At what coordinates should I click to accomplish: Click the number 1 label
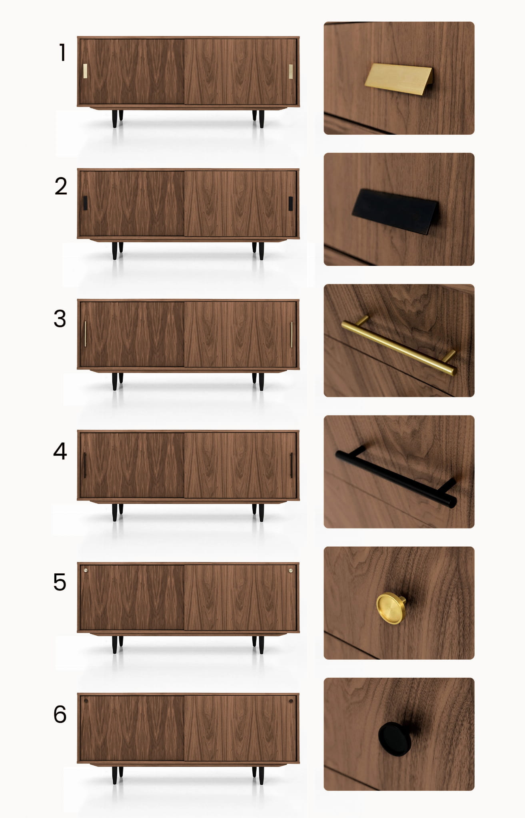[x=62, y=52]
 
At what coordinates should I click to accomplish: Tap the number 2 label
[x=61, y=186]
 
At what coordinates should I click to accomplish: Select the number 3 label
[x=60, y=319]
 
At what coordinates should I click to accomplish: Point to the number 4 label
[x=60, y=451]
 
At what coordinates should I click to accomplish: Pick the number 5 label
[x=60, y=582]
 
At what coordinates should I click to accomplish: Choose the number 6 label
[x=60, y=714]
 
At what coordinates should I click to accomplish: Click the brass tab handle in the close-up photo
[x=398, y=79]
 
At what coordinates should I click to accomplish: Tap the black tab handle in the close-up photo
[x=395, y=211]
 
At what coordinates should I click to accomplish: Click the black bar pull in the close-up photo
[x=396, y=477]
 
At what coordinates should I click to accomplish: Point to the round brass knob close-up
[x=391, y=608]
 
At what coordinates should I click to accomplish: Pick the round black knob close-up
[x=395, y=739]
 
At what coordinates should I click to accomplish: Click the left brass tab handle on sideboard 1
[x=85, y=71]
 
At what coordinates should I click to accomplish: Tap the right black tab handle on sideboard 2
[x=291, y=204]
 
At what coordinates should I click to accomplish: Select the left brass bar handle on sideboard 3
[x=85, y=334]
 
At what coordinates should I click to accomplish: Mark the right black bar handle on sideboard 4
[x=291, y=465]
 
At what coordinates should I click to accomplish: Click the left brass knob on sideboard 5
[x=86, y=570]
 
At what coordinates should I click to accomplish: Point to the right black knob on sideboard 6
[x=291, y=701]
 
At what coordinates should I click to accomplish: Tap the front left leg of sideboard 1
[x=115, y=119]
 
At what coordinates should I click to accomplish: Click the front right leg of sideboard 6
[x=261, y=776]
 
